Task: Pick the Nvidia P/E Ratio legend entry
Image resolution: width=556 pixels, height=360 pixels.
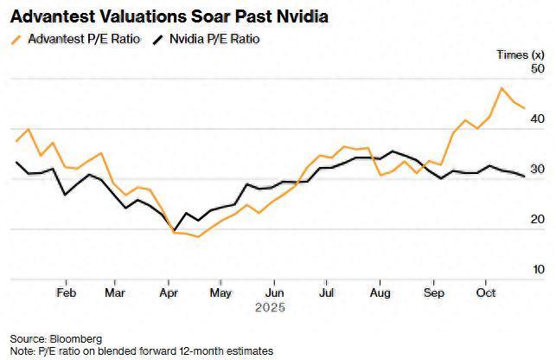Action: coord(213,39)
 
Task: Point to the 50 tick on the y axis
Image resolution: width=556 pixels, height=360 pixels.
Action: coord(538,68)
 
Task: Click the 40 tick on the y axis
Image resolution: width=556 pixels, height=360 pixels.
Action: coord(538,119)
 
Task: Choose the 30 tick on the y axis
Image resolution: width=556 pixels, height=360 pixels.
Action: coord(538,169)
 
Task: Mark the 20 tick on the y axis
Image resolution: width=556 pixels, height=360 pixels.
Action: coord(538,219)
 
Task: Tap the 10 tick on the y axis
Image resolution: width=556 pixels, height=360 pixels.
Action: coord(538,269)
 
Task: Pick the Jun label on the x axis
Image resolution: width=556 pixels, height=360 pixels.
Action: coord(273,292)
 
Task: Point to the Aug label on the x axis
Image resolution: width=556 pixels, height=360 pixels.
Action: coord(379,292)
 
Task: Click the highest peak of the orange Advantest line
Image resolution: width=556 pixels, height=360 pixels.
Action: coord(502,88)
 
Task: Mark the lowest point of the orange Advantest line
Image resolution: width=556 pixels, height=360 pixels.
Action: coord(198,236)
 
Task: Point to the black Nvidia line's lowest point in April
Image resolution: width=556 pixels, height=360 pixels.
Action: coord(173,229)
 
